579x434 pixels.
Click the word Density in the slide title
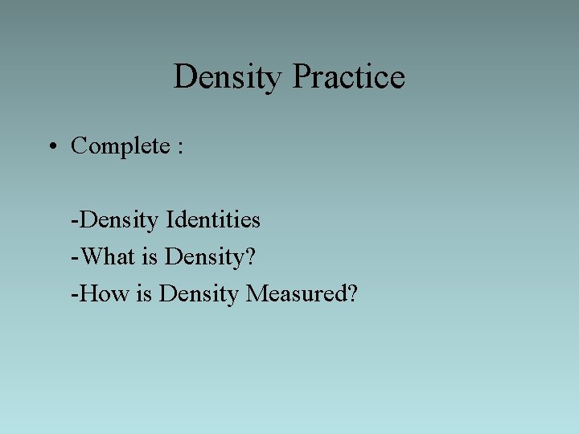coord(228,78)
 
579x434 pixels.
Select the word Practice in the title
coord(348,78)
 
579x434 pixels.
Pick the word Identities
coord(213,219)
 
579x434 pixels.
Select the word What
coord(107,257)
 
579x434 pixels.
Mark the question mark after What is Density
coord(249,257)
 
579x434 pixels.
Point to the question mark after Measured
coord(352,294)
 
